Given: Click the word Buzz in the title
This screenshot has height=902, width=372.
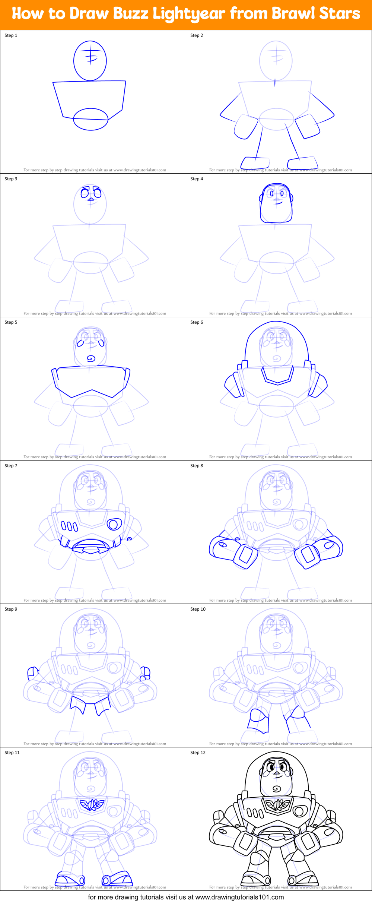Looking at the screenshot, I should click(x=131, y=14).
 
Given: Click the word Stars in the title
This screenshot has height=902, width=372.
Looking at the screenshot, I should click(x=340, y=13).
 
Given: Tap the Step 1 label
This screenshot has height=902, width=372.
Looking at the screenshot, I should click(x=11, y=35).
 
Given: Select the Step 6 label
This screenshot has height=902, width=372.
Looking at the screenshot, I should click(x=197, y=322).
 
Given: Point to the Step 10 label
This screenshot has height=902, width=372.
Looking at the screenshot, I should click(x=198, y=609).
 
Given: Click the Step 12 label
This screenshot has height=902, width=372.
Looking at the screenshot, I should click(x=198, y=753).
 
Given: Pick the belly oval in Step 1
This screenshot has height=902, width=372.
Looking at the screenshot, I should click(x=90, y=119).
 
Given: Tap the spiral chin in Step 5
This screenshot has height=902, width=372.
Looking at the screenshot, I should click(x=91, y=358).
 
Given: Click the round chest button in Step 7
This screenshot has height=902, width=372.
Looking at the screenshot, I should click(x=114, y=525).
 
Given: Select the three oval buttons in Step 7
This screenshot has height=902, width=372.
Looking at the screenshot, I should click(x=70, y=526).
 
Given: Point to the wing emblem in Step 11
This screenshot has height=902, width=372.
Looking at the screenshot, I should click(x=91, y=805).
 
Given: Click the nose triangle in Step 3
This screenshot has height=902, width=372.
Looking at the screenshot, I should click(x=90, y=199).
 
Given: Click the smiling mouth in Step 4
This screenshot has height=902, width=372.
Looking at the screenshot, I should click(x=277, y=203).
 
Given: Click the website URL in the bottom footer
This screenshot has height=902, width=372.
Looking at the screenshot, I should click(x=239, y=897).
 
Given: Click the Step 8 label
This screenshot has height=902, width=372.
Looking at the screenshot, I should click(x=197, y=466).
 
